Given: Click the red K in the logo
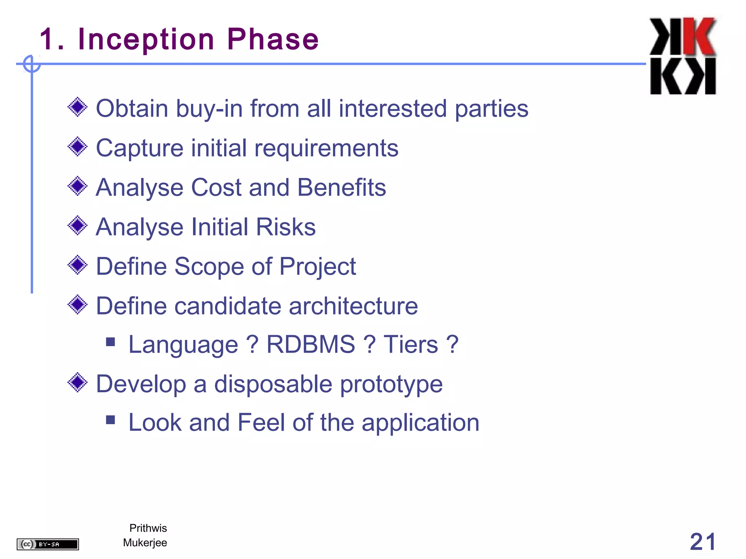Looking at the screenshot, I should [699, 36].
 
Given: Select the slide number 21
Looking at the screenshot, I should [703, 542].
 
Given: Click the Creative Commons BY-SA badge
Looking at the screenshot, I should [48, 544].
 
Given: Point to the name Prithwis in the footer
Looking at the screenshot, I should [148, 528].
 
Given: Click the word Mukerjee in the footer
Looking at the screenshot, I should [145, 543].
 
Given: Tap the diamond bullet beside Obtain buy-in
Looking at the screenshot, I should [78, 107].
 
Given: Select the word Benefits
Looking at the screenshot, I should [341, 187].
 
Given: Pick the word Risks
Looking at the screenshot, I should [286, 227].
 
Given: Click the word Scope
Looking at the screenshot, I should [209, 266].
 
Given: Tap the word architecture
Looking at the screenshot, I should [353, 306].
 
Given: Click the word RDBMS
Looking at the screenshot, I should [310, 344].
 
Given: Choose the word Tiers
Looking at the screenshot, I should [411, 344].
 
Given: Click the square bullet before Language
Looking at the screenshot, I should [110, 342].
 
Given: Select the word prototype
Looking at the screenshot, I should [391, 384].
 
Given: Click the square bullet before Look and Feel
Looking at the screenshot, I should [110, 420].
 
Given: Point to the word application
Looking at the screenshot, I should [420, 423].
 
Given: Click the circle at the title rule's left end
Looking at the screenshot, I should [32, 64].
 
